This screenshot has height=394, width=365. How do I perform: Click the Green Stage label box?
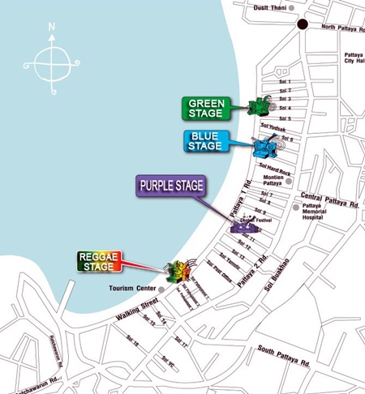tap(208, 108)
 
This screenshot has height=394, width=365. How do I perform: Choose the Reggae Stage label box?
tap(98, 260)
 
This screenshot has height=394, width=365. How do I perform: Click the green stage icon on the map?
tap(260, 106)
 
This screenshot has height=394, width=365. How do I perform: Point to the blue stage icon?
tap(266, 147)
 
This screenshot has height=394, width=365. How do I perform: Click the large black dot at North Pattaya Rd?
tap(303, 24)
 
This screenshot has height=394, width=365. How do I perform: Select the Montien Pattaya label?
tap(277, 179)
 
